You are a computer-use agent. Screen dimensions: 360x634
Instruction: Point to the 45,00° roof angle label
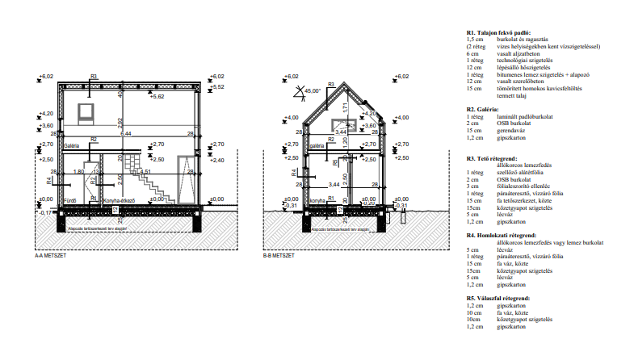click(x=312, y=90)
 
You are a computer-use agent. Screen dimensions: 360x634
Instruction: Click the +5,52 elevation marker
click(x=217, y=86)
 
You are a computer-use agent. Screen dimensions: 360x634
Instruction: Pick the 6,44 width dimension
click(x=126, y=133)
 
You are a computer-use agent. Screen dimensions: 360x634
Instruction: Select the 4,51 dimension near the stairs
click(x=145, y=172)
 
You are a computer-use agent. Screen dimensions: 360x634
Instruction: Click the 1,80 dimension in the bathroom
click(x=79, y=172)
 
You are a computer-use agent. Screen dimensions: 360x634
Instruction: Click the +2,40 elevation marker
click(x=217, y=160)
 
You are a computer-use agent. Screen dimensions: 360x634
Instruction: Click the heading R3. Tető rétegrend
click(x=495, y=159)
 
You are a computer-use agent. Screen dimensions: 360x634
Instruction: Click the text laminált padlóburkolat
click(x=531, y=116)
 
